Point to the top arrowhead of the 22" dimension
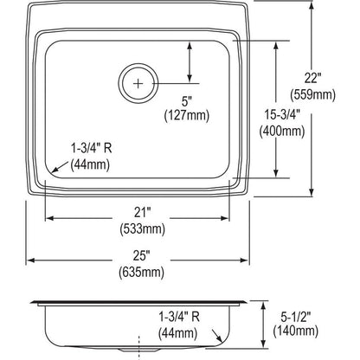(313, 8)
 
